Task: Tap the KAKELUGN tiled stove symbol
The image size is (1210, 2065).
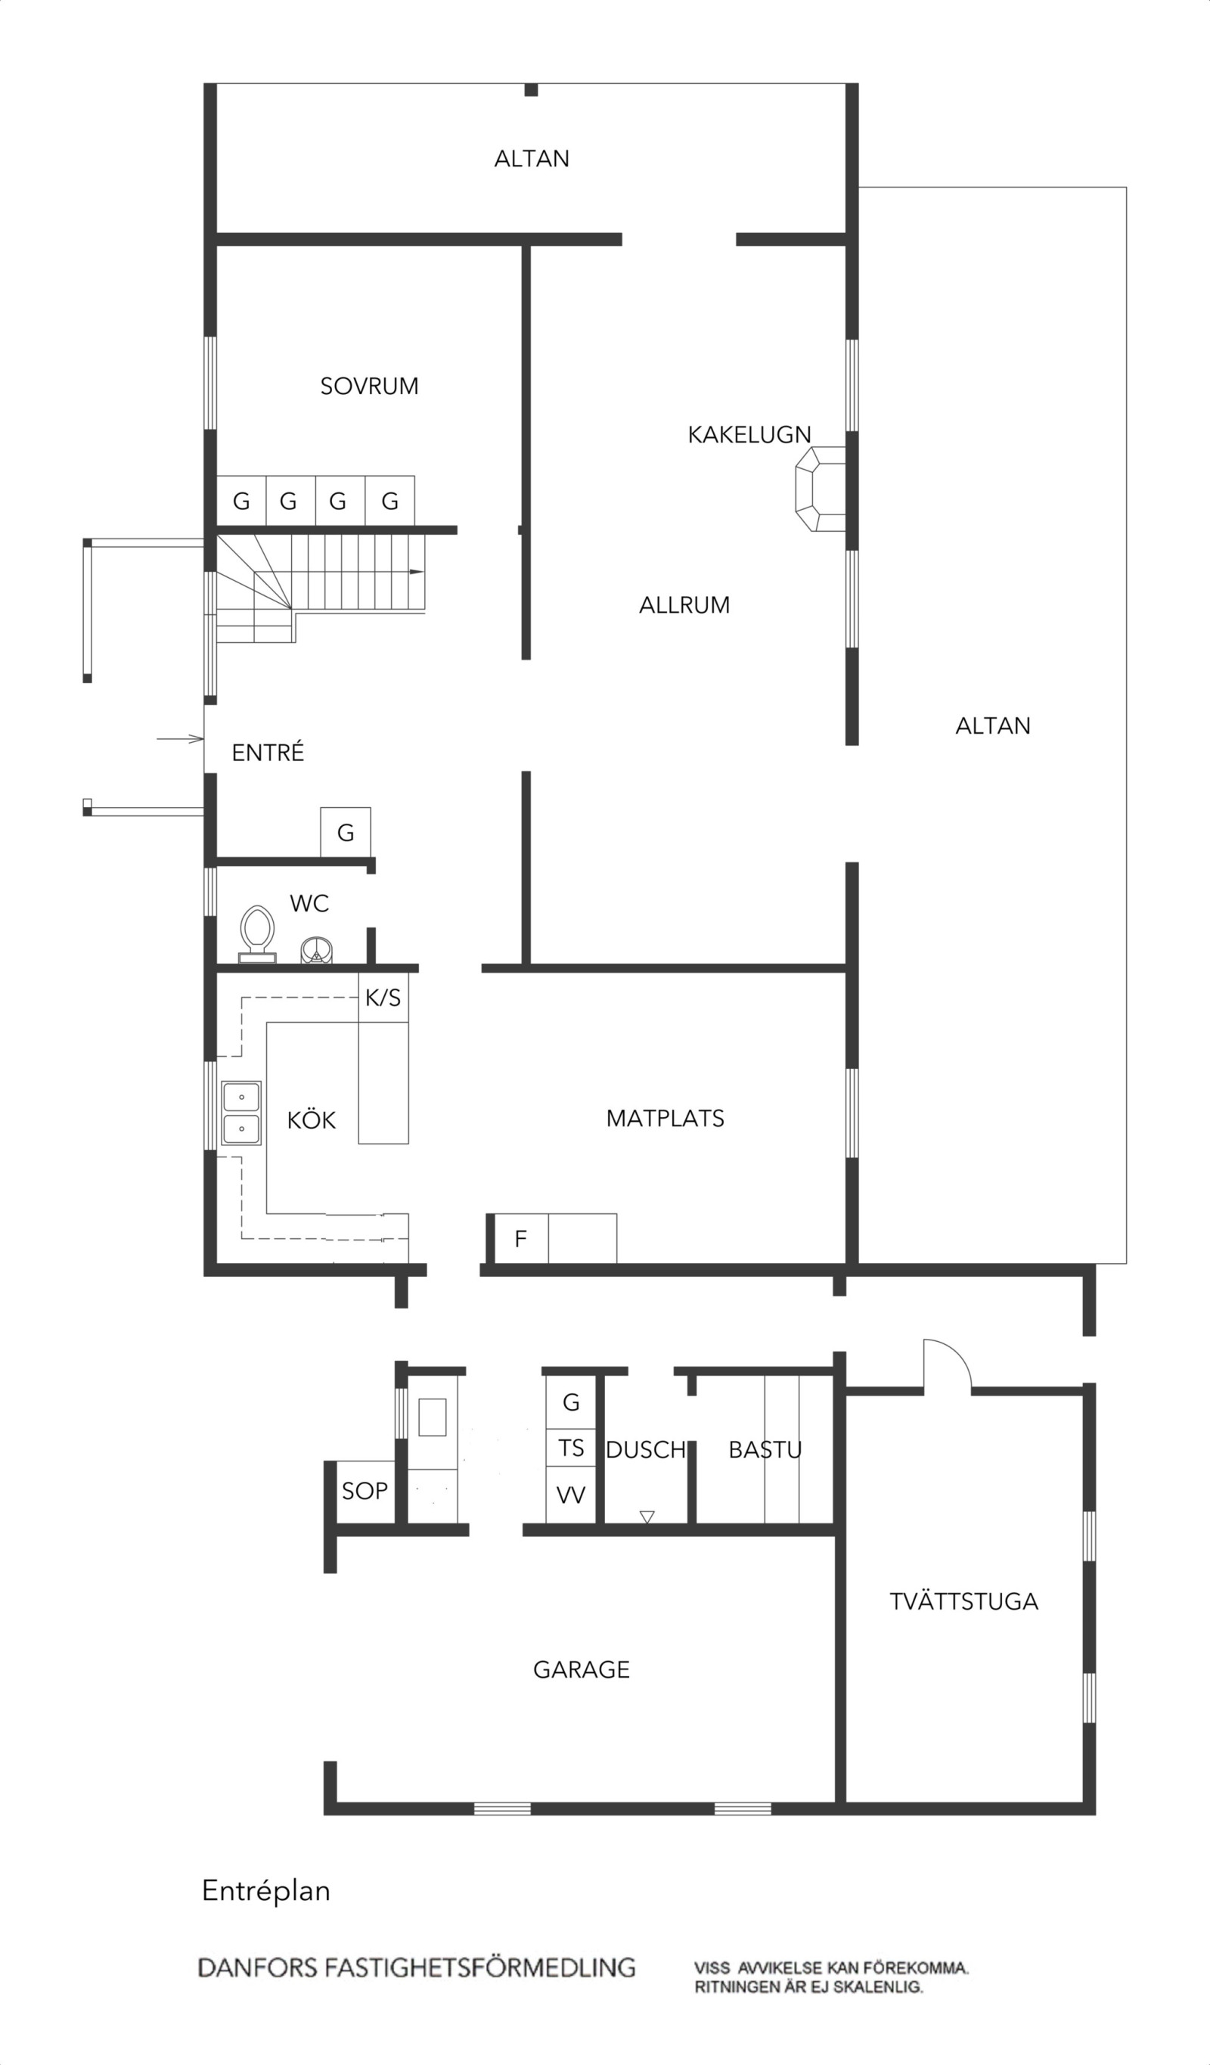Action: coord(820,489)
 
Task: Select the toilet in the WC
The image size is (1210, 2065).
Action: coord(257,934)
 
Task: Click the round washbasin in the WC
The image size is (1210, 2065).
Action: coord(317,950)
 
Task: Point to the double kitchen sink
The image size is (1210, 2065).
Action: coord(242,1113)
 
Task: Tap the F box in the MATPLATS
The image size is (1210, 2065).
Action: coord(521,1239)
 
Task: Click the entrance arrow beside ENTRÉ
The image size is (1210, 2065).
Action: coord(180,739)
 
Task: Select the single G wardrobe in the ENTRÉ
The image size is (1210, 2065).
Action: coord(345,833)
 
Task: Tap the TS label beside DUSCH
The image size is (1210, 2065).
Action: coord(571,1449)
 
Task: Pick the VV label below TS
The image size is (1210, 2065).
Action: coord(571,1495)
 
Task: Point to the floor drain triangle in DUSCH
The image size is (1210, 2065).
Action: coord(647,1517)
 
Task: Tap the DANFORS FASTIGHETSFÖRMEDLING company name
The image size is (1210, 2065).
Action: coord(417,1967)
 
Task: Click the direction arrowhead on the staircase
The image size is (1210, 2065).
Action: coord(417,571)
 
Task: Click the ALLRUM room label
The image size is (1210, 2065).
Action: coord(684,605)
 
